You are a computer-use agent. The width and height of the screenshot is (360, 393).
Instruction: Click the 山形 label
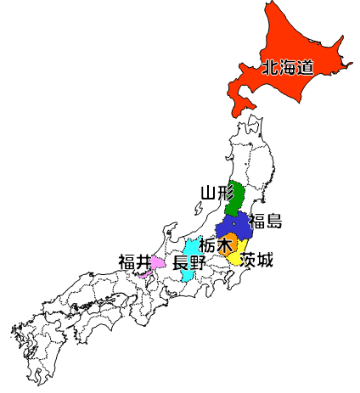point(217,193)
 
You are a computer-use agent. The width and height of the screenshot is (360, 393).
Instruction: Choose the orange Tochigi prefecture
point(228,248)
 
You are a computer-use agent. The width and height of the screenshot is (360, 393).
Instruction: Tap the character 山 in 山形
point(208,193)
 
